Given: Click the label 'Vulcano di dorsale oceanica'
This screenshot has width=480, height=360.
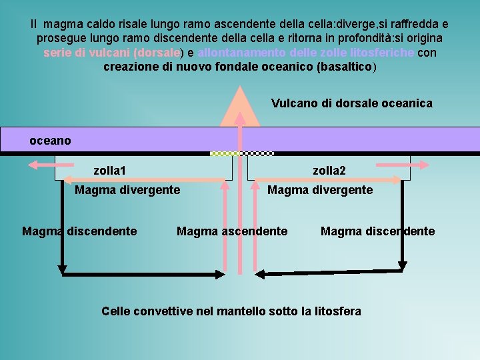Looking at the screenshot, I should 351,103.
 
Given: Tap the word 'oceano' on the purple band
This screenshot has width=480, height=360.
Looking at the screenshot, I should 50,141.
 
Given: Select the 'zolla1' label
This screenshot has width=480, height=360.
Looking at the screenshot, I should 110,171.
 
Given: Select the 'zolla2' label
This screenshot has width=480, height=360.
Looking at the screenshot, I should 329,171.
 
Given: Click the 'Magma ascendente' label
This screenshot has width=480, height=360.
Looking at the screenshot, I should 232,231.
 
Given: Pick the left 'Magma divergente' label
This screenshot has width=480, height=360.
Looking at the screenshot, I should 127,190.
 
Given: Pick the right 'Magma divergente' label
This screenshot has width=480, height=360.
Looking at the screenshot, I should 320,190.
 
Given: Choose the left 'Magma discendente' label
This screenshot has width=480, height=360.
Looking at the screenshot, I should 79,231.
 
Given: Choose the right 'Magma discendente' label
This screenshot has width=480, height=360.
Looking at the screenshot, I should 377,231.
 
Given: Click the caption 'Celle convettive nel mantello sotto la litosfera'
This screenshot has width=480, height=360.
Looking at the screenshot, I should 231,311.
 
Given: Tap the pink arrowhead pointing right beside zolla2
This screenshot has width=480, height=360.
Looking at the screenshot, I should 423,164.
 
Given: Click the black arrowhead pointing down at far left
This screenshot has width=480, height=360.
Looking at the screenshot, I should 62,269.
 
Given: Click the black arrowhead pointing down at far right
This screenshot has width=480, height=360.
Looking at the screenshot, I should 401,265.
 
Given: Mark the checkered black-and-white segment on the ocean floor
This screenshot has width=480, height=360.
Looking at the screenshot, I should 259,153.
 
